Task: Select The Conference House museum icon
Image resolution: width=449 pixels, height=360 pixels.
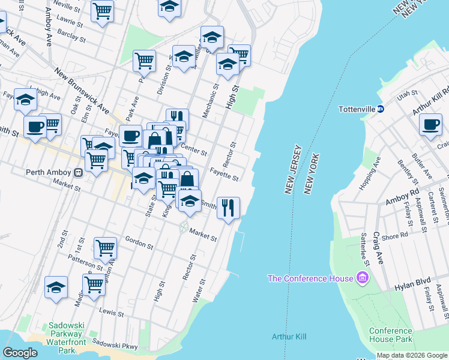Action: pyautogui.click(x=362, y=278)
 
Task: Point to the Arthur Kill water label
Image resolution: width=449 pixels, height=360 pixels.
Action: pyautogui.click(x=289, y=337)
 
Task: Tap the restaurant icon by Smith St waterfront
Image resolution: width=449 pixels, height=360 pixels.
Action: pyautogui.click(x=228, y=208)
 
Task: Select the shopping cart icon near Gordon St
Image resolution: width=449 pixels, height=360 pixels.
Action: pyautogui.click(x=105, y=247)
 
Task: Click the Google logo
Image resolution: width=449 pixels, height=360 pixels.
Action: pyautogui.click(x=20, y=352)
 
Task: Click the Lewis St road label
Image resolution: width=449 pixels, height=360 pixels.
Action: pyautogui.click(x=112, y=313)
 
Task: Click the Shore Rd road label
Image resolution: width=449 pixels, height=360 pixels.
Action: pyautogui.click(x=394, y=237)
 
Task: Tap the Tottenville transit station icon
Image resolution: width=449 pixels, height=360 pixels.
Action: pyautogui.click(x=388, y=109)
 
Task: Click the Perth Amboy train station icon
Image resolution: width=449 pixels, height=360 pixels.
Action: pyautogui.click(x=78, y=173)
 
